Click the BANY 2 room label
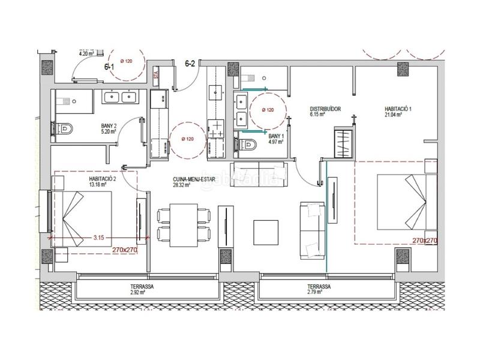point(109,127)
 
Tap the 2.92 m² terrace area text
point(142,287)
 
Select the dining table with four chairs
point(183,225)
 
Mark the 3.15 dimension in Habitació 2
point(99,238)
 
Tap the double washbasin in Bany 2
point(119,97)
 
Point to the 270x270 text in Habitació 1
point(424,240)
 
